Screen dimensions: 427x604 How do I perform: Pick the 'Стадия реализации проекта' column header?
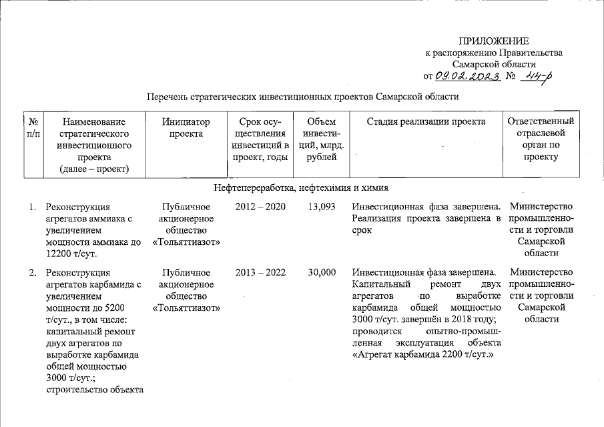pyautogui.click(x=426, y=121)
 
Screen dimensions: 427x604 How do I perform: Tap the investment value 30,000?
pyautogui.click(x=318, y=272)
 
